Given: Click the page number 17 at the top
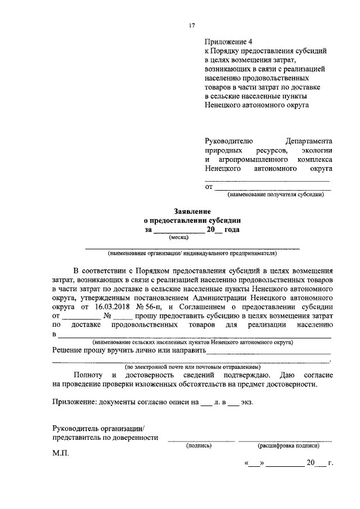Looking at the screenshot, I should (191, 25).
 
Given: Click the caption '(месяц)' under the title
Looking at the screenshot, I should (179, 237).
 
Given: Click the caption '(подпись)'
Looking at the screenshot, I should (199, 445).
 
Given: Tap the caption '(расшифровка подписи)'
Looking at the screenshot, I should (288, 445).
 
